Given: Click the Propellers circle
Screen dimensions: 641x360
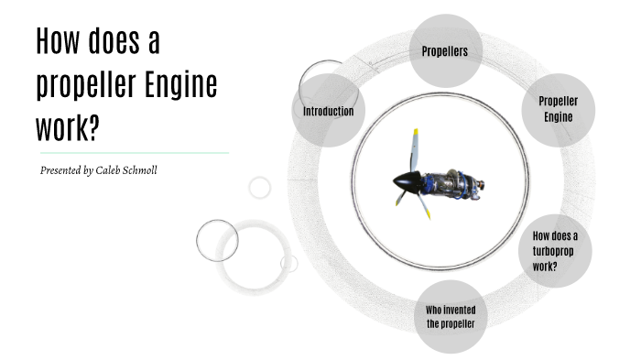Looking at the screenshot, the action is [x=445, y=50].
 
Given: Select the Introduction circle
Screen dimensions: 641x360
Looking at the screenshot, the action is [x=328, y=111].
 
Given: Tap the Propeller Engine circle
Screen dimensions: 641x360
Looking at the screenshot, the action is [x=558, y=109].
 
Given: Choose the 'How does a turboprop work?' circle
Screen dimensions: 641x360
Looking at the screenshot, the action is [x=555, y=250].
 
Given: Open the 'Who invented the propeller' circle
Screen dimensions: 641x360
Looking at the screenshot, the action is [x=451, y=317].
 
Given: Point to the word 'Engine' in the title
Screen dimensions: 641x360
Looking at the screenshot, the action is [x=181, y=85].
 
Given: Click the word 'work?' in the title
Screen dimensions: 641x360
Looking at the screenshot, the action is [x=67, y=128].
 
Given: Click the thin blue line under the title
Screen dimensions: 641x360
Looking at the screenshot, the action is [x=133, y=153].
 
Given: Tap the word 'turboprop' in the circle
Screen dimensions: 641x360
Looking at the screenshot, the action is [x=555, y=251].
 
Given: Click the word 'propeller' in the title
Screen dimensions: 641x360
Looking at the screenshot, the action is [x=86, y=85].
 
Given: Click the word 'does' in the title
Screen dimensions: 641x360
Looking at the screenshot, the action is [x=116, y=42].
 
